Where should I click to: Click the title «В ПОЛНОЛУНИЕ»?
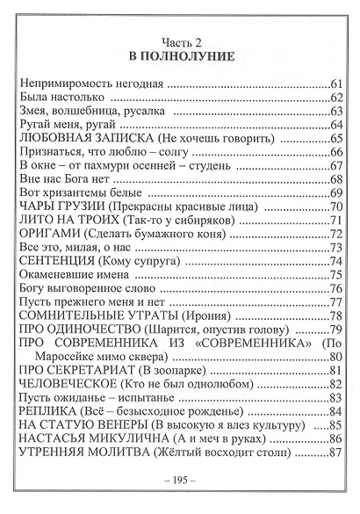click(180, 57)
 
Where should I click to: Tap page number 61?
click(335, 84)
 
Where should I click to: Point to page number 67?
click(335, 168)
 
